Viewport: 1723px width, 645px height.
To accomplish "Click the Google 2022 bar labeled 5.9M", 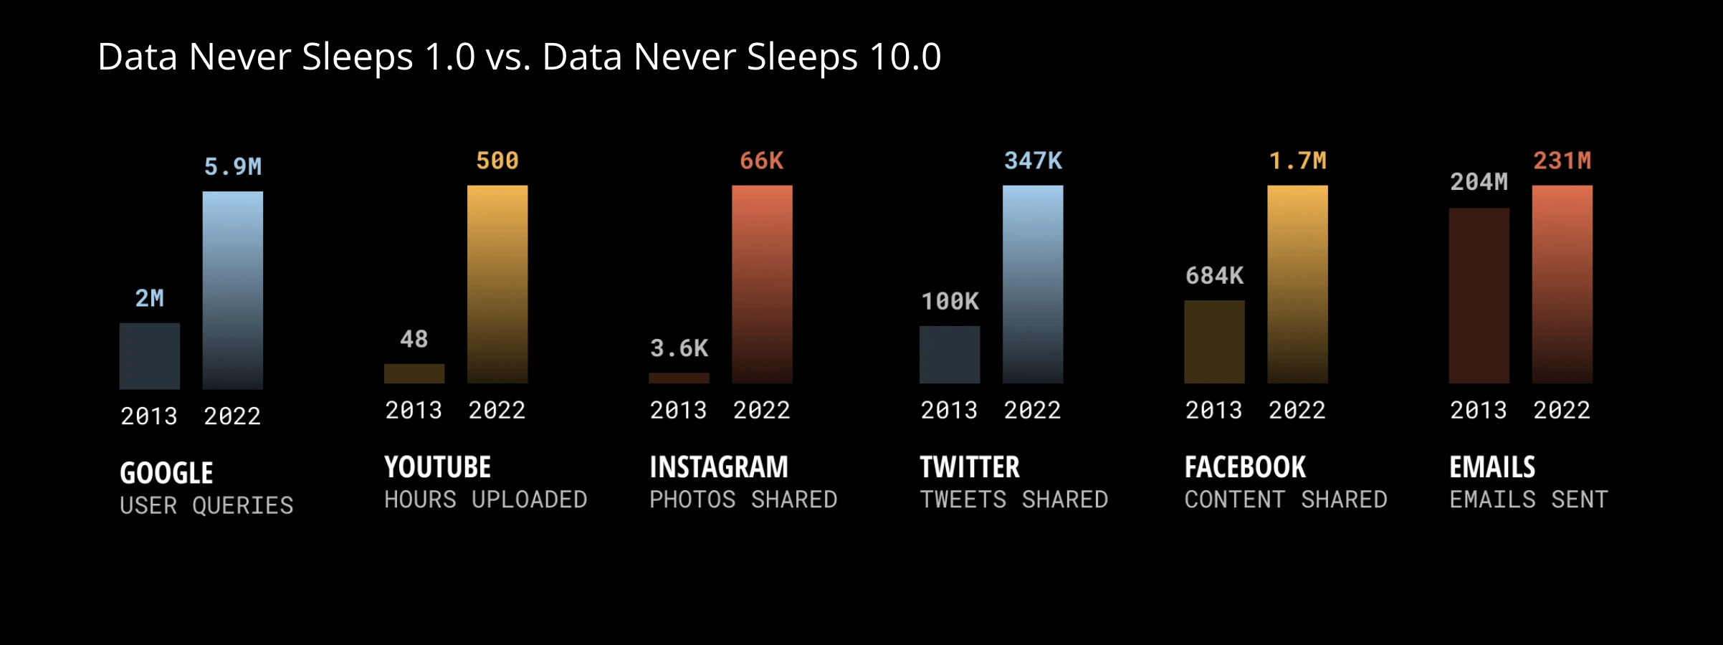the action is (x=233, y=290).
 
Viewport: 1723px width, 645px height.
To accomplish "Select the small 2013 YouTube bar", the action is (x=414, y=373).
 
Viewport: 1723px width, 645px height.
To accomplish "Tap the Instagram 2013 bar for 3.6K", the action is (x=679, y=378).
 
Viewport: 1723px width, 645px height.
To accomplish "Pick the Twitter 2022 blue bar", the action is (x=1033, y=285).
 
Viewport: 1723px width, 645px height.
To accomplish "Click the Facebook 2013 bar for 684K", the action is (x=1214, y=342).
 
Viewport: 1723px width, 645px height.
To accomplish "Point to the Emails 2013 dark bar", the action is (x=1479, y=296).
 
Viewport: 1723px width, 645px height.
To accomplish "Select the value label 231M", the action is (x=1562, y=161).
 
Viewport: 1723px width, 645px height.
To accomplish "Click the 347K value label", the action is (x=1033, y=161).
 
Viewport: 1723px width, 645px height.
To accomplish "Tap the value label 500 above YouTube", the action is (x=497, y=161).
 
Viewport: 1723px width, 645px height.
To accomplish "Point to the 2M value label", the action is (x=150, y=298).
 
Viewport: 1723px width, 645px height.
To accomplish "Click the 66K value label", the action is (x=762, y=161).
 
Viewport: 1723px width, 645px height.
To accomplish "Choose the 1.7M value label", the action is (x=1297, y=161).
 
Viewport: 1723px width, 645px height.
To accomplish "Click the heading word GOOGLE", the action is (x=166, y=473).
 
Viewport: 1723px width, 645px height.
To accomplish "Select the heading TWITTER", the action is (x=970, y=467).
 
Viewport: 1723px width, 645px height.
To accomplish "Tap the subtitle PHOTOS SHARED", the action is (x=743, y=500).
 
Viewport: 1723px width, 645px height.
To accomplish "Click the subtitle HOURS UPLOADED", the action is (x=486, y=500).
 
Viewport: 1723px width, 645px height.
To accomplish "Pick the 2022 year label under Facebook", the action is (x=1297, y=410).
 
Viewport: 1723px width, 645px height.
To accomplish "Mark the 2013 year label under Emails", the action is (x=1479, y=410).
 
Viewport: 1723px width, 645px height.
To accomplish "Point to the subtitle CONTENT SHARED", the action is (x=1286, y=500).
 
